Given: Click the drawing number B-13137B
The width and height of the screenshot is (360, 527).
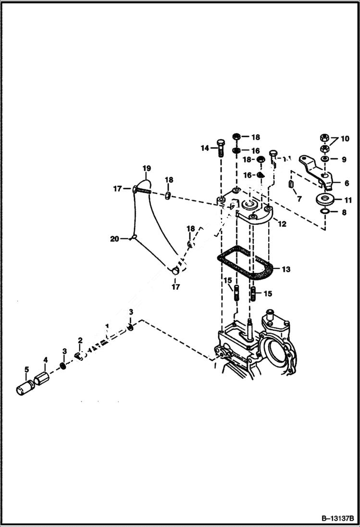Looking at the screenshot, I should [x=332, y=518].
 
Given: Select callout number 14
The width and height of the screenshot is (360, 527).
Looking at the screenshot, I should [x=205, y=148].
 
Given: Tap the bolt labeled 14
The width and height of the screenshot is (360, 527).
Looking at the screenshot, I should [x=221, y=147].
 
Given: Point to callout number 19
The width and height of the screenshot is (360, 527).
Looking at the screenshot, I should [x=146, y=169].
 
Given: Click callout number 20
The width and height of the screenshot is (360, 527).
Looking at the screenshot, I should [x=114, y=239].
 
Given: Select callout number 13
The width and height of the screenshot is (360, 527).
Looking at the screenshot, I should [x=286, y=270].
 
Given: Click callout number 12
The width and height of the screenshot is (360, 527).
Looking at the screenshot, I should [x=282, y=224].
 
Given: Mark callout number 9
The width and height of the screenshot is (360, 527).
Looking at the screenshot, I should [x=344, y=159].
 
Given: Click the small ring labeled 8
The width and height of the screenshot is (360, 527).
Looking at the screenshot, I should [x=325, y=211].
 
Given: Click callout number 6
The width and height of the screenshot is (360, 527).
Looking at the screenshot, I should [x=347, y=183].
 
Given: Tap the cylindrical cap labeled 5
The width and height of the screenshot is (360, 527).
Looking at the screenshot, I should [x=23, y=388].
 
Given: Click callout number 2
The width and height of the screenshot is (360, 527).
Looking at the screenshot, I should [x=80, y=341].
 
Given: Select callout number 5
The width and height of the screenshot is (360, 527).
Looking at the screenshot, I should [x=27, y=369].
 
